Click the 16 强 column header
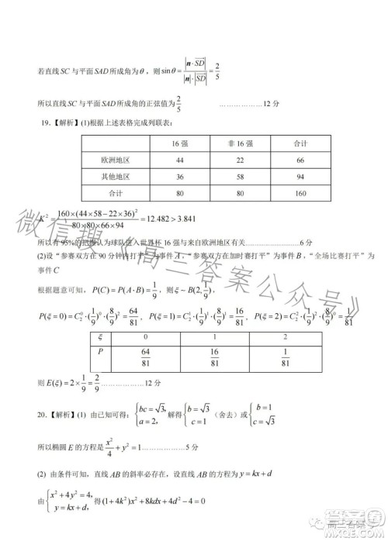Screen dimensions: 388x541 pyautogui.click(x=179, y=144)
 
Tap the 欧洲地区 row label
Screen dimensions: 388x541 pyautogui.click(x=115, y=160)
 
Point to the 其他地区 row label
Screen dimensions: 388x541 pyautogui.click(x=115, y=176)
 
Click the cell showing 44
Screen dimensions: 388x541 pyautogui.click(x=179, y=160)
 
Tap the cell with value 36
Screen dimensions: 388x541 pyautogui.click(x=179, y=176)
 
